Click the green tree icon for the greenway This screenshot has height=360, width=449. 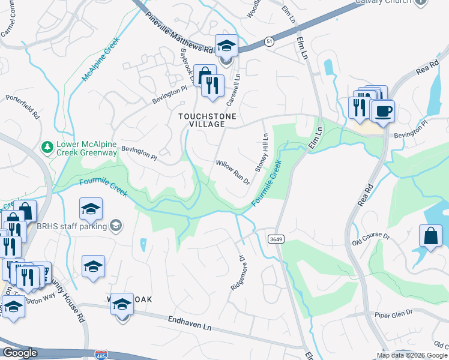point(46,146)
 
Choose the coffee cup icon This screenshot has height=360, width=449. point(383,110)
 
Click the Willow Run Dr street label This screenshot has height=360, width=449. point(232,172)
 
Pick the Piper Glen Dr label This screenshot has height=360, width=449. point(393,313)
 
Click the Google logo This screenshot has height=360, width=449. point(20,353)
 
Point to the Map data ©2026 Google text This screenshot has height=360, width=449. point(412,355)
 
